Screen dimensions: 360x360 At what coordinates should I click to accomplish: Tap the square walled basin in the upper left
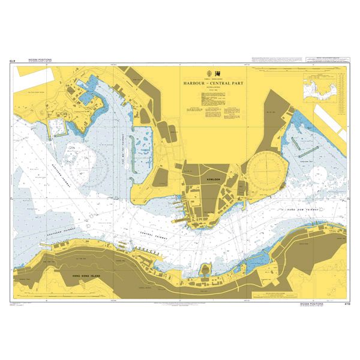pyautogui.click(x=56, y=126)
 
